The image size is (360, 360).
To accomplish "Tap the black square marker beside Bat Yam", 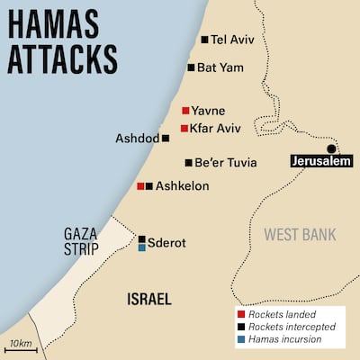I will [x=192, y=67].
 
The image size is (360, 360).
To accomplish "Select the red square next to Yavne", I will [x=185, y=111].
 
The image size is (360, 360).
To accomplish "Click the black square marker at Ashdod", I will [x=166, y=139].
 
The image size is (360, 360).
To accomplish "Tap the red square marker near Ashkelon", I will [x=140, y=185].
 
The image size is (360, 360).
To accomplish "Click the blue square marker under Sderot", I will [x=141, y=247].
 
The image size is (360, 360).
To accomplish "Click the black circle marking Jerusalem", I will [x=331, y=148].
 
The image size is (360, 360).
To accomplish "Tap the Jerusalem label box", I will [x=319, y=162].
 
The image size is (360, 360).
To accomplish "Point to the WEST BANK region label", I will [x=300, y=235].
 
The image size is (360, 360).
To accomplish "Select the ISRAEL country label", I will [x=149, y=298].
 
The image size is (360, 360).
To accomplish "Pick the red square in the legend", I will [x=240, y=315].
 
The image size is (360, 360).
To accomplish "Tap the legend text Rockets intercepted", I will [x=290, y=328].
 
